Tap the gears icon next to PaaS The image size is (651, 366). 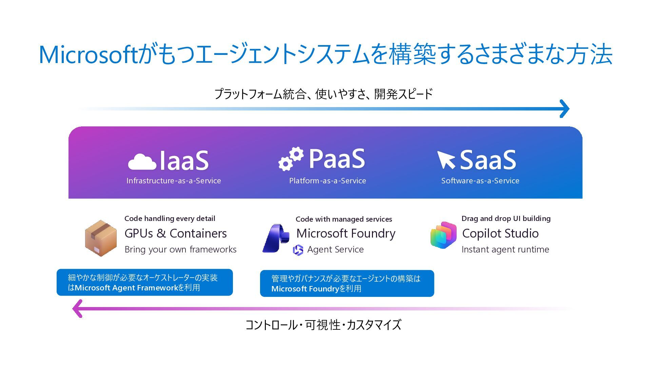[x=291, y=158]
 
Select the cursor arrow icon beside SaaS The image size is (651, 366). [x=446, y=160]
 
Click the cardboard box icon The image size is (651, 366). [x=100, y=238]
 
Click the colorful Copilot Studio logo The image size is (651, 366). [x=443, y=235]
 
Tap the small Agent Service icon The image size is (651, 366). [x=298, y=250]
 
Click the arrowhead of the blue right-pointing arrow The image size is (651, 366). [x=564, y=109]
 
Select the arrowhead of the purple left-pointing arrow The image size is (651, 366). [x=78, y=308]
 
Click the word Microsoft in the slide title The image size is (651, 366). [x=88, y=55]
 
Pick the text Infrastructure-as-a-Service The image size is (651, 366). [x=174, y=181]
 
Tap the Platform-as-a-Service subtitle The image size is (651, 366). [x=328, y=181]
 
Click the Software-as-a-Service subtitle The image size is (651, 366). [x=480, y=181]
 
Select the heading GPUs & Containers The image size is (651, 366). [x=175, y=233]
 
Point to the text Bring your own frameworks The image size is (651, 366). [x=180, y=249]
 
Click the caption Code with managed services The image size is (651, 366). [x=343, y=219]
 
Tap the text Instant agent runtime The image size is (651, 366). [x=505, y=249]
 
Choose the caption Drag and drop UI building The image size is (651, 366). [x=506, y=219]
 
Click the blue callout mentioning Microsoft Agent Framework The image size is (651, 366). [x=145, y=282]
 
